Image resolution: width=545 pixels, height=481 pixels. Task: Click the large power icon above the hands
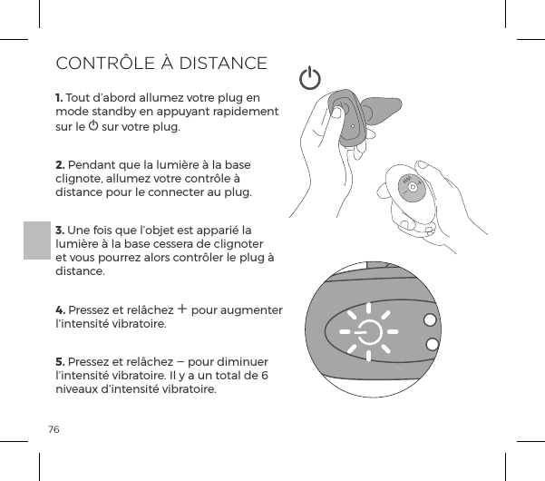click(310, 79)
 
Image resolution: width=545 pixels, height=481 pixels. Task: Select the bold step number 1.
click(59, 98)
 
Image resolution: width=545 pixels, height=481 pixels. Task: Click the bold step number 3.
click(60, 231)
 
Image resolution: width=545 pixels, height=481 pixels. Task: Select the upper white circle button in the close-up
click(429, 319)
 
